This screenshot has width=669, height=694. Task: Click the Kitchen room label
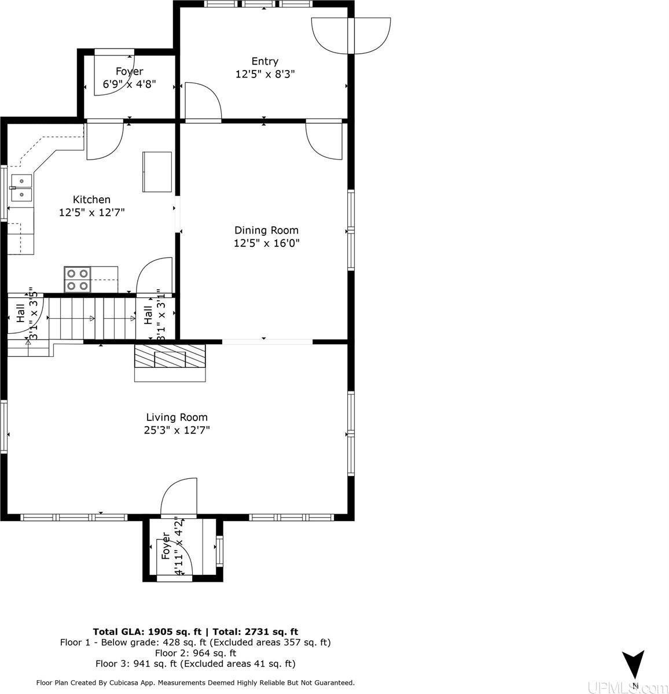(91, 200)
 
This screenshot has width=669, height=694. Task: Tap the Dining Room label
(266, 230)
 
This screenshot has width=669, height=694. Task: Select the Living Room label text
(177, 417)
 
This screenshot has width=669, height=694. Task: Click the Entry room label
(264, 61)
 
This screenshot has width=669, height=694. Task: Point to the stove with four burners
(77, 279)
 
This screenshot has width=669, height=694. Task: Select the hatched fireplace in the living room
(170, 357)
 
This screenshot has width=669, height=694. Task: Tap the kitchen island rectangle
(157, 172)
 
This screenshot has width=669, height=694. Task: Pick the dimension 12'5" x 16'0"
(266, 243)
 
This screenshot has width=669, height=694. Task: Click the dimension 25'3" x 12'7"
(177, 430)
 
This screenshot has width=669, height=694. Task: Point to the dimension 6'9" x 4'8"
(129, 84)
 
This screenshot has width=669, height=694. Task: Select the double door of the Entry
(351, 36)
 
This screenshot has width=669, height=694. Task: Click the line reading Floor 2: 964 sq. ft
(195, 653)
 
